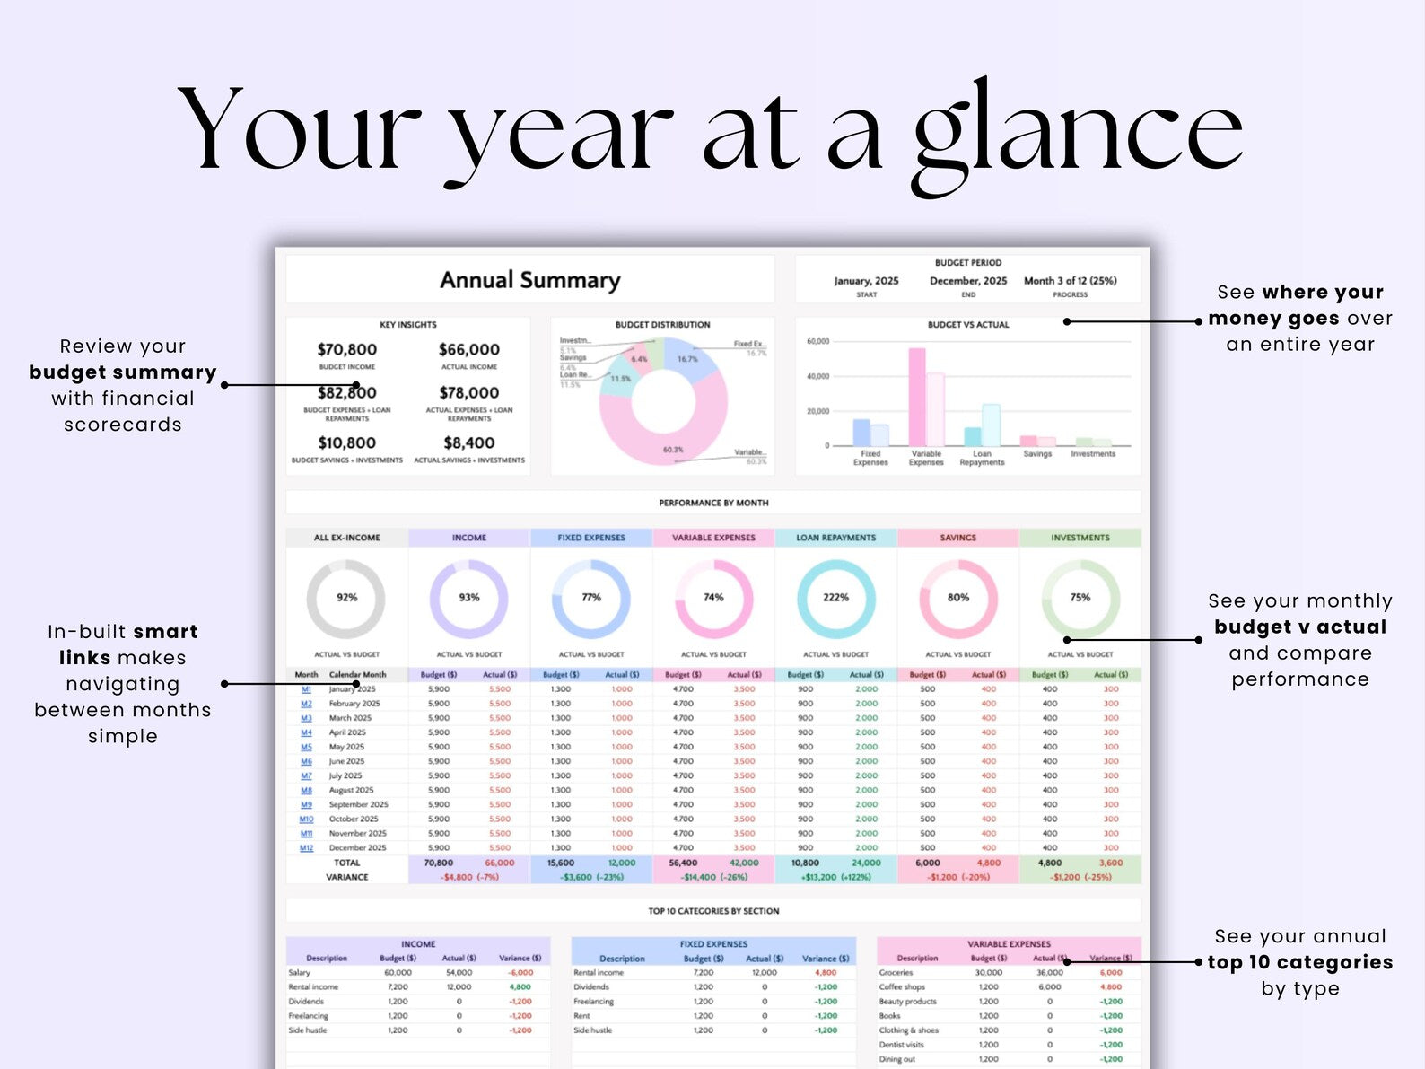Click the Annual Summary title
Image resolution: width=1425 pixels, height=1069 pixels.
529,280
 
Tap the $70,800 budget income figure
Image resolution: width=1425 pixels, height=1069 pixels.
346,349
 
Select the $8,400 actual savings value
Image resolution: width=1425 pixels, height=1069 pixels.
468,442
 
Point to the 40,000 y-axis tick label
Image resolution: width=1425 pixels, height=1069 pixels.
817,376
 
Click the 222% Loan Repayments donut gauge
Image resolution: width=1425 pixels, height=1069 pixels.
835,598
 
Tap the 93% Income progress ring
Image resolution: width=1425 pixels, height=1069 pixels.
468,598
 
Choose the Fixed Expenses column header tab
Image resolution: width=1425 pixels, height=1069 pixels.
591,538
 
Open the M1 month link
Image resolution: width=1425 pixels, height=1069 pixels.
306,689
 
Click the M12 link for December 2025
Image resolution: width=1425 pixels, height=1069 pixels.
306,847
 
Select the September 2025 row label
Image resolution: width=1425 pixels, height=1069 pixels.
358,804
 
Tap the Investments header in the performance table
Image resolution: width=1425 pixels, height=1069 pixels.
1080,538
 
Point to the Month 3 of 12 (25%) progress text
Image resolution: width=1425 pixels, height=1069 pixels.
1070,281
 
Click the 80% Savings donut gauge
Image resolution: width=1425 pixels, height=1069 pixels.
957,598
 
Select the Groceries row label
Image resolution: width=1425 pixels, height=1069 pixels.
896,972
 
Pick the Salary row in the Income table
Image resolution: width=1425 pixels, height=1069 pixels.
300,972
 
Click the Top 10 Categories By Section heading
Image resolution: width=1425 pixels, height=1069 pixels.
713,911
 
